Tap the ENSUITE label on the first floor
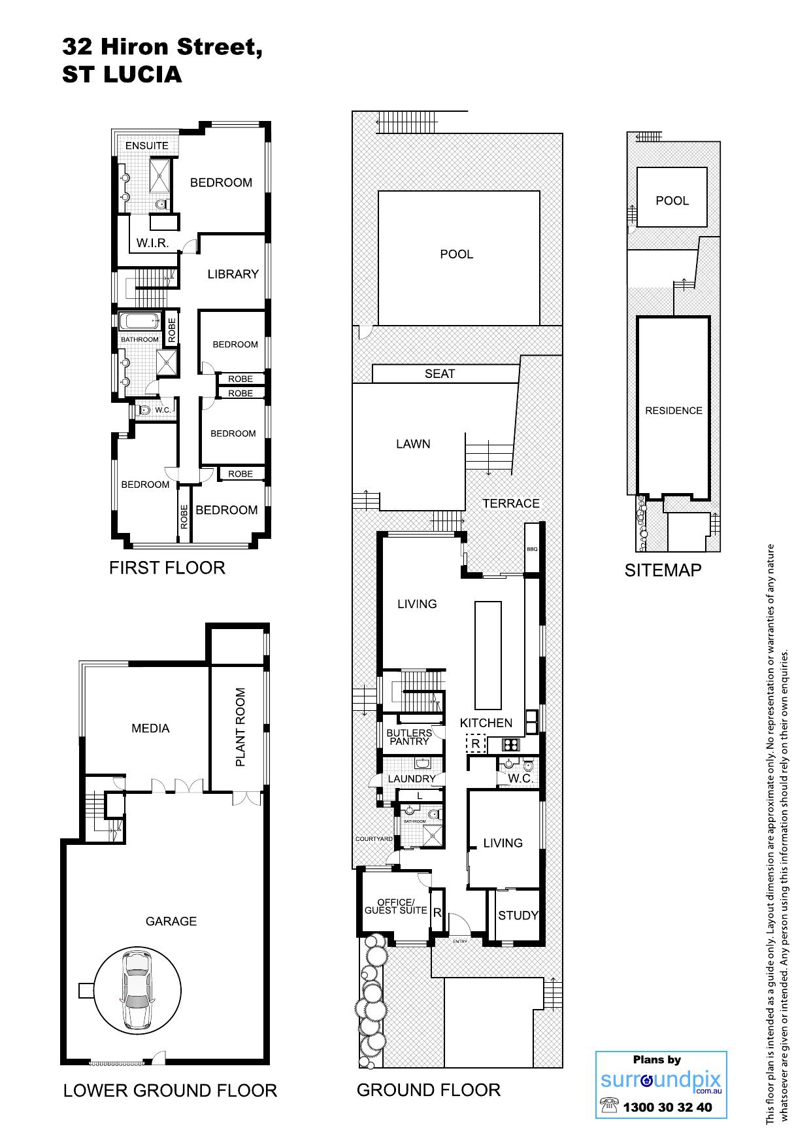(x=147, y=145)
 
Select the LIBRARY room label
(x=233, y=274)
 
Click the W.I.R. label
(x=153, y=243)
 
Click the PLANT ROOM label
(x=240, y=727)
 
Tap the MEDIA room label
(x=150, y=728)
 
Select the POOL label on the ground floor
(x=457, y=254)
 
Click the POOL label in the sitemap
(x=672, y=201)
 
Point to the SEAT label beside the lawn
(x=440, y=373)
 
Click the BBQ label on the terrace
(x=532, y=549)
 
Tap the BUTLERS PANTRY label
(x=409, y=737)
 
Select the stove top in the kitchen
(x=510, y=744)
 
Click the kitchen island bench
(x=488, y=655)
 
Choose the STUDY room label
(x=518, y=916)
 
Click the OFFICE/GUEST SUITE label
(x=396, y=906)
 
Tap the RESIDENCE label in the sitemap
(x=674, y=411)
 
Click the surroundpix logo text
(x=661, y=1081)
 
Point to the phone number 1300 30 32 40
(x=667, y=1108)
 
